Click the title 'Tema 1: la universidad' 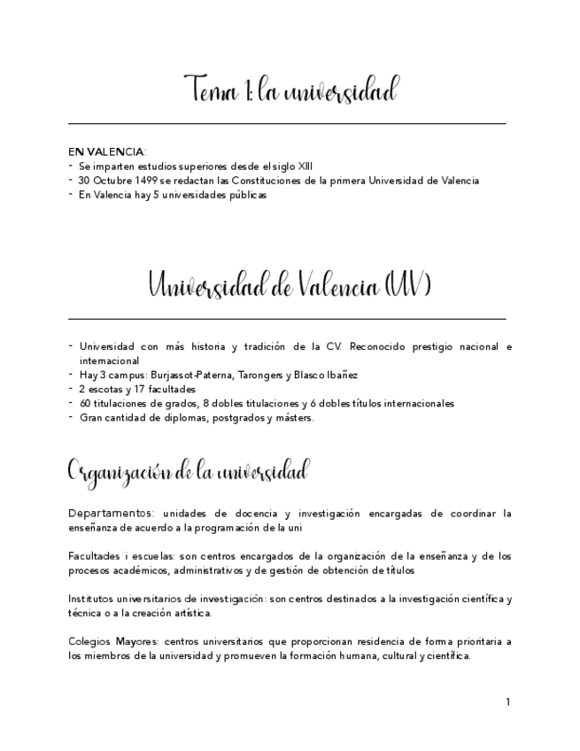pos(290,91)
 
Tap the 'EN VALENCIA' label pos(106,151)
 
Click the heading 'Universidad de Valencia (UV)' pos(290,287)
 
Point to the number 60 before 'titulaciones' pos(85,403)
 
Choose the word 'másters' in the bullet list pos(293,417)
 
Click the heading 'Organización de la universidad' pos(188,469)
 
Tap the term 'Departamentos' pos(104,513)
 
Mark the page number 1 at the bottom pos(507,701)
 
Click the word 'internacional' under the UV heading pos(109,360)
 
